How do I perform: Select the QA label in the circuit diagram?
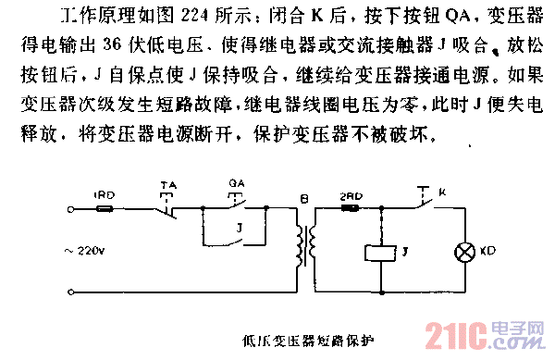click(235, 184)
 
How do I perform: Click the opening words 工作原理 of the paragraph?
click(83, 17)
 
